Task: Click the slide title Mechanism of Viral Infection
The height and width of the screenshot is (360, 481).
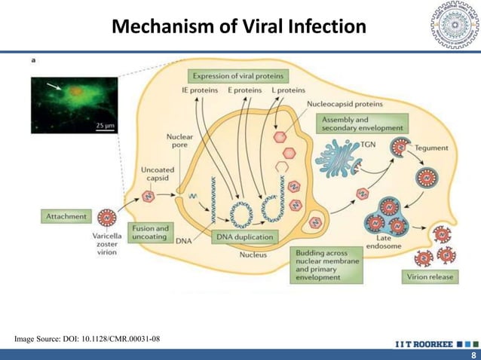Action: pyautogui.click(x=238, y=28)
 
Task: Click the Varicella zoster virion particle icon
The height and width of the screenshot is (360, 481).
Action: pyautogui.click(x=109, y=218)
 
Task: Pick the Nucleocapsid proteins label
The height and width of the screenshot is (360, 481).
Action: pyautogui.click(x=345, y=105)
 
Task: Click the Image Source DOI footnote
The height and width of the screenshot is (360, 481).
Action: pyautogui.click(x=87, y=340)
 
